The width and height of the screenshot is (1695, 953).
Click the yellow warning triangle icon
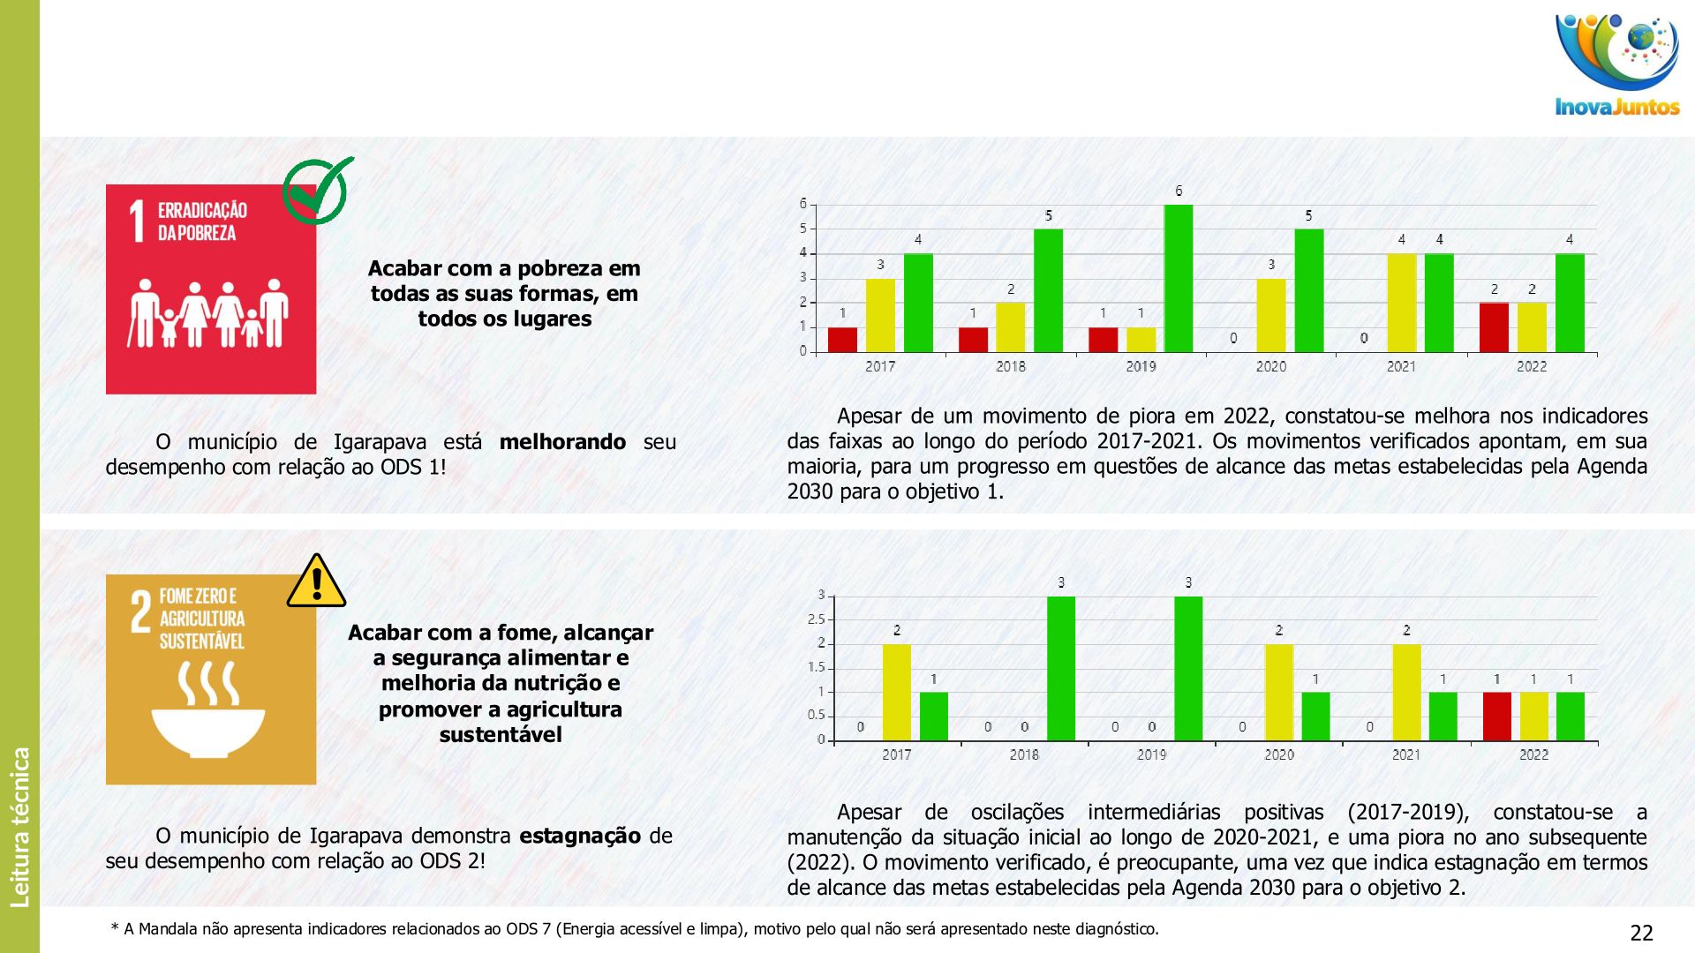[x=316, y=582]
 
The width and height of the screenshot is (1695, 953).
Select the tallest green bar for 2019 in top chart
[x=1179, y=278]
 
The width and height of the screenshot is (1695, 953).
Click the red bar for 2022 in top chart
[x=1494, y=327]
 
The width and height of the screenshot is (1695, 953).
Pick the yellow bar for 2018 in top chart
[x=1011, y=327]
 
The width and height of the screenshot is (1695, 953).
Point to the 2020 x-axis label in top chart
[x=1271, y=366]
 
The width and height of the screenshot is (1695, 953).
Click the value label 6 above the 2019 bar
[x=1179, y=191]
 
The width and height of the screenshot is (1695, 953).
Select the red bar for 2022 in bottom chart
[x=1496, y=716]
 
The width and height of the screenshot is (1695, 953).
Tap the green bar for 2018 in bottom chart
[x=1061, y=668]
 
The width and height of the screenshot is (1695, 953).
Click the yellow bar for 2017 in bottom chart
[x=897, y=692]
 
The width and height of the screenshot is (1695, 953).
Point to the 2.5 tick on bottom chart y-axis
[x=816, y=619]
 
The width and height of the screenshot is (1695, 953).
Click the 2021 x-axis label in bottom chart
[x=1406, y=754]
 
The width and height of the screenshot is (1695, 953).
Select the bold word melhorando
[x=562, y=442]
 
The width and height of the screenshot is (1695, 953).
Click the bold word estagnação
[x=579, y=836]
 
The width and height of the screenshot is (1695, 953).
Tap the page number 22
[x=1641, y=933]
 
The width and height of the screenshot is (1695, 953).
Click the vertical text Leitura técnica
[x=19, y=827]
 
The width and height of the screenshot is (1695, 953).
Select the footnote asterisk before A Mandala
[x=115, y=927]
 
